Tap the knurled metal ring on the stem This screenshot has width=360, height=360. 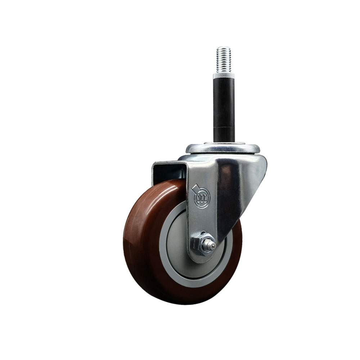(224, 76)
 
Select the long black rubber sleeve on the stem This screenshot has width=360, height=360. (224, 103)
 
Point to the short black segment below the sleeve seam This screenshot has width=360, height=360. (224, 135)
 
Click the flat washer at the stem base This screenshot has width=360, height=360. (224, 144)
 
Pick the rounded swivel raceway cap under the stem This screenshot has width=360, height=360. (223, 149)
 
